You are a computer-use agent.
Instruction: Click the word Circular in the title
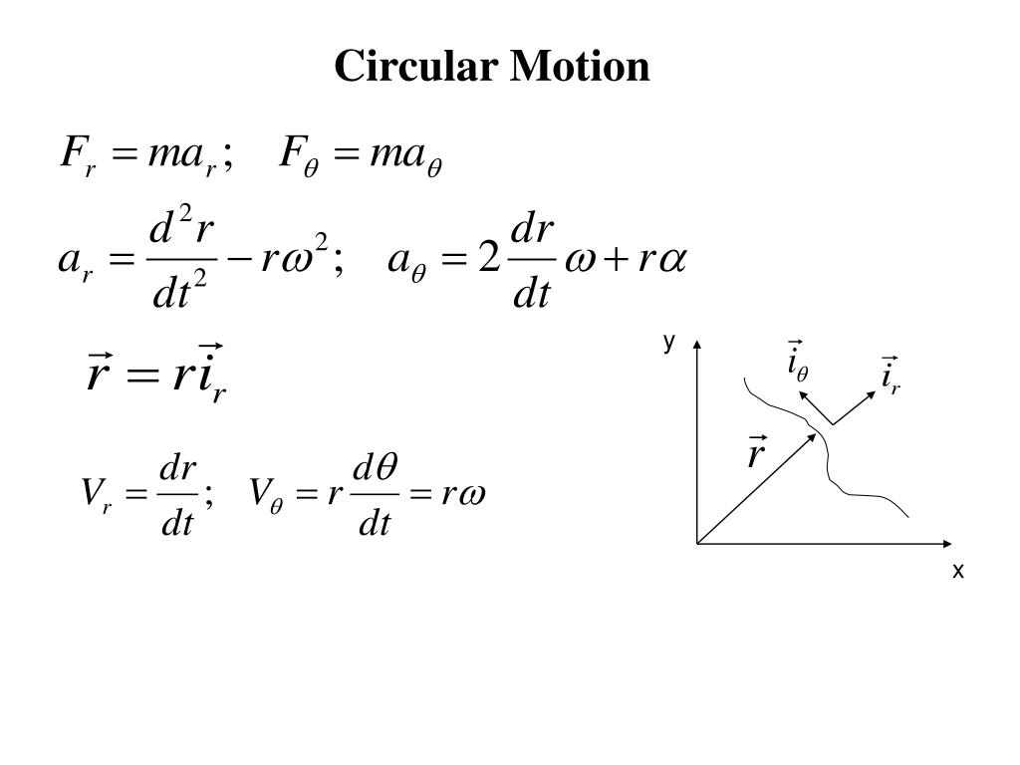coord(416,67)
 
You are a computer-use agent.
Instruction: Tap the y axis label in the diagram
coord(669,342)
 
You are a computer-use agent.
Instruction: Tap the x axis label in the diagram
coord(958,571)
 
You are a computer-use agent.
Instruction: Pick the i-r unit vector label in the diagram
coord(890,377)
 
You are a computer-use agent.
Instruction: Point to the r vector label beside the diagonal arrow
coord(756,453)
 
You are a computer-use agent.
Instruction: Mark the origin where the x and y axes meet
coord(697,544)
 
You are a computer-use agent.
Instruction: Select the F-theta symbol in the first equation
coord(304,155)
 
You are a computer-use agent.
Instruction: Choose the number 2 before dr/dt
coord(488,261)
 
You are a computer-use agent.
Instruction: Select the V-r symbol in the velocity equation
coord(97,493)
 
